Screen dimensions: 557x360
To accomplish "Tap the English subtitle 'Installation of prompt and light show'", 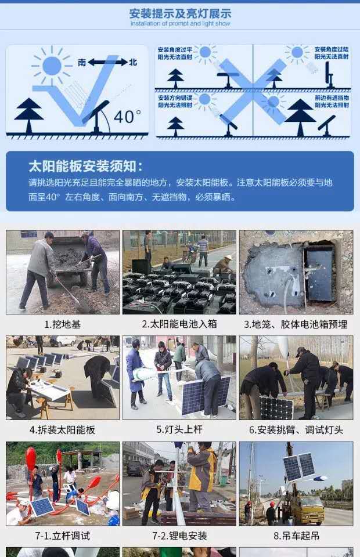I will click(x=180, y=24).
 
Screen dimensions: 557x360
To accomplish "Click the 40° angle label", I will click(x=127, y=117).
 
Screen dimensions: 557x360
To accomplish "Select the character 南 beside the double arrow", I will click(x=82, y=63).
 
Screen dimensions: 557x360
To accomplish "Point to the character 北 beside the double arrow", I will click(x=133, y=63).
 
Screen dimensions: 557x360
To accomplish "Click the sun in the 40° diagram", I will click(x=52, y=65).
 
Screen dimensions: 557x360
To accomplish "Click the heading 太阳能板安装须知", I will click(x=85, y=167).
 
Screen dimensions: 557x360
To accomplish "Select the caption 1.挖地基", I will click(x=63, y=324).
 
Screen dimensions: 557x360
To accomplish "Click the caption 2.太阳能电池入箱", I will click(x=179, y=324).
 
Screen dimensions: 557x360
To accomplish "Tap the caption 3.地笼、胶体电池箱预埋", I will click(x=296, y=324).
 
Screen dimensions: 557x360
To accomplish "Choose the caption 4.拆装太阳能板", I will click(x=63, y=430).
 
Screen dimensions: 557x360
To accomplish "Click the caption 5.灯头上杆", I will click(x=179, y=430).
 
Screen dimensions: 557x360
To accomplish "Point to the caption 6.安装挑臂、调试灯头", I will click(x=296, y=430).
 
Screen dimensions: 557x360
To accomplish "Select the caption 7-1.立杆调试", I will click(x=63, y=536).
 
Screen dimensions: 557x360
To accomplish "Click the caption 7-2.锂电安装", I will click(x=179, y=536).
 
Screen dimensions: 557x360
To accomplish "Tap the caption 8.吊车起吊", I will click(x=296, y=536).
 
